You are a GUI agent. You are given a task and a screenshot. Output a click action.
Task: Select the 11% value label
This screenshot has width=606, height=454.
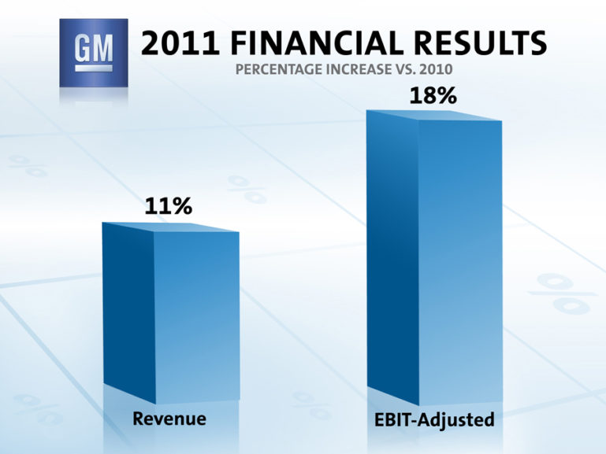168,207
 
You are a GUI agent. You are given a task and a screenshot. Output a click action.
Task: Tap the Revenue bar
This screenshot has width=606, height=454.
171,315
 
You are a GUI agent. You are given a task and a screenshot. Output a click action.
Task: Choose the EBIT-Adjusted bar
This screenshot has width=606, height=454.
434,260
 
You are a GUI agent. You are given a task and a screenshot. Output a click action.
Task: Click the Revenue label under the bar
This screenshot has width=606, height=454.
169,419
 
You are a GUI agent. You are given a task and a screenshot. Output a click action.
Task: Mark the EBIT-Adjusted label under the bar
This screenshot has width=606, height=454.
435,420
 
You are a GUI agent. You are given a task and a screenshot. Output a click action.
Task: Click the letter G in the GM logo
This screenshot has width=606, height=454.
81,52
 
